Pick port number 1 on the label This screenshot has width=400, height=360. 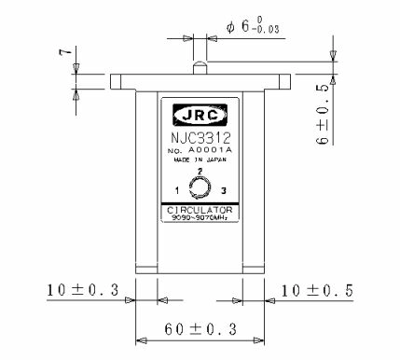pos(176,191)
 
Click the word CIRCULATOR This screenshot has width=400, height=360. pos(199,210)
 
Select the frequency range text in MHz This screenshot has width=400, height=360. pos(199,218)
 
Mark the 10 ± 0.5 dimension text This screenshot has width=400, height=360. pos(319,290)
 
